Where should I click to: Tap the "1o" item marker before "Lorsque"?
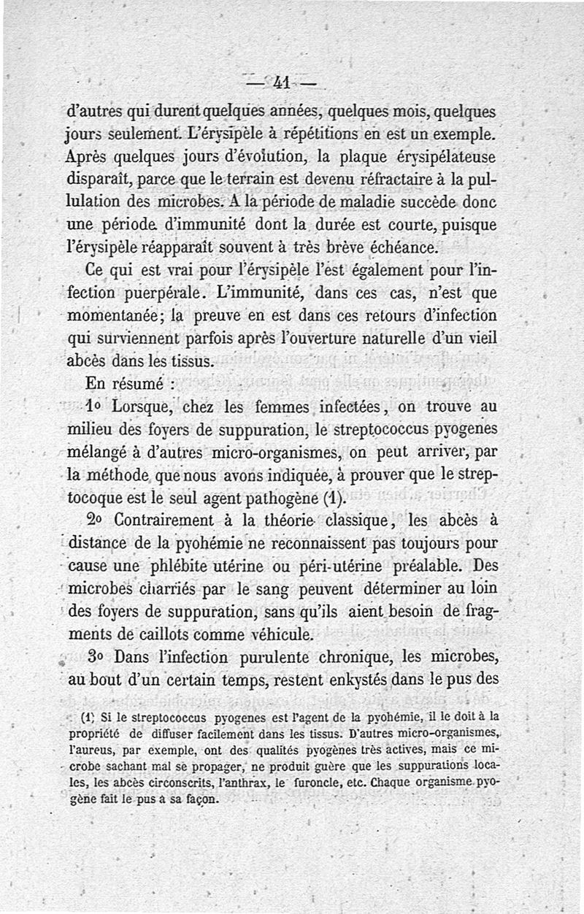coord(95,405)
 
